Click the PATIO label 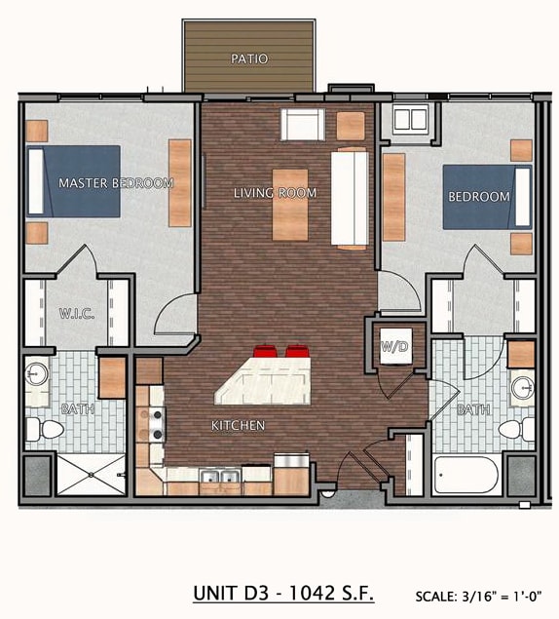pyautogui.click(x=249, y=58)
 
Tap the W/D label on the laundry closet pyautogui.click(x=394, y=347)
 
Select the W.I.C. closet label pyautogui.click(x=77, y=314)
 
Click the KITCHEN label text pyautogui.click(x=238, y=425)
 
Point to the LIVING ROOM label pyautogui.click(x=275, y=193)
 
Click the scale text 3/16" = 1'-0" pyautogui.click(x=502, y=596)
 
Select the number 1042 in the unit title pyautogui.click(x=312, y=593)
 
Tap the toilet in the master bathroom pyautogui.click(x=45, y=429)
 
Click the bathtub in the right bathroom pyautogui.click(x=466, y=476)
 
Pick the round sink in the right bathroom pyautogui.click(x=523, y=388)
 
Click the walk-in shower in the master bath pyautogui.click(x=92, y=475)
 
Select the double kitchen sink pyautogui.click(x=220, y=476)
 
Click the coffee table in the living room pyautogui.click(x=290, y=205)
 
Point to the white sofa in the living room pyautogui.click(x=350, y=199)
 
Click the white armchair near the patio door pyautogui.click(x=303, y=125)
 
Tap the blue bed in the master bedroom pyautogui.click(x=73, y=181)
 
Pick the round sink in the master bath pyautogui.click(x=36, y=373)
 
